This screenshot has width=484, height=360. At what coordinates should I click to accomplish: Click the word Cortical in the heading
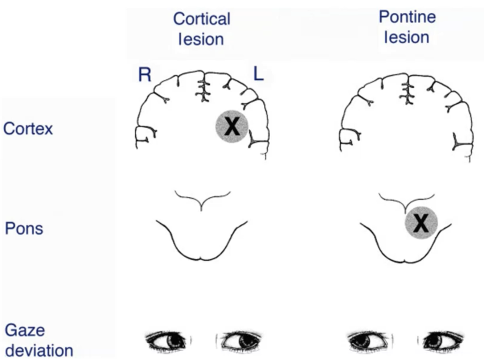[202, 19]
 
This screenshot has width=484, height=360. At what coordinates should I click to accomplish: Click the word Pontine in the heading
[407, 17]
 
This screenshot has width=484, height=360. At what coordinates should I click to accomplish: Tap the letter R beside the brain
[145, 75]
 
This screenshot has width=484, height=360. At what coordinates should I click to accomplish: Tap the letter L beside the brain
[258, 74]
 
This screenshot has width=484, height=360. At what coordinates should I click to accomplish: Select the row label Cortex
[28, 129]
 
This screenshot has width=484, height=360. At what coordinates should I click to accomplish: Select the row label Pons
[24, 229]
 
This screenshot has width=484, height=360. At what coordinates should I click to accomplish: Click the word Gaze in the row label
[25, 330]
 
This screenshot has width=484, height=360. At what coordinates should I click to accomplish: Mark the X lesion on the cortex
[232, 126]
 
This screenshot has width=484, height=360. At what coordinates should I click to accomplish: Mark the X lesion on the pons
[421, 223]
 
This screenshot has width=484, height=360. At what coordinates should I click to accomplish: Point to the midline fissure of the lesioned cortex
[204, 89]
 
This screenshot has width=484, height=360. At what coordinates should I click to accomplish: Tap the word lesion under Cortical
[201, 39]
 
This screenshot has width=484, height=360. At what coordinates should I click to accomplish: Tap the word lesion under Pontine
[406, 37]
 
